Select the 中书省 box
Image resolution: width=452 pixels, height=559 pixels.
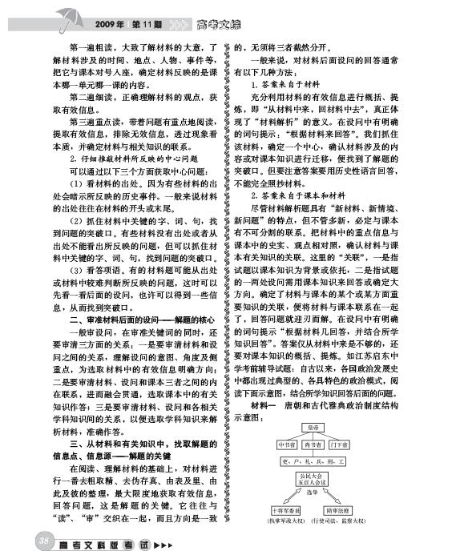pos(288,444)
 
